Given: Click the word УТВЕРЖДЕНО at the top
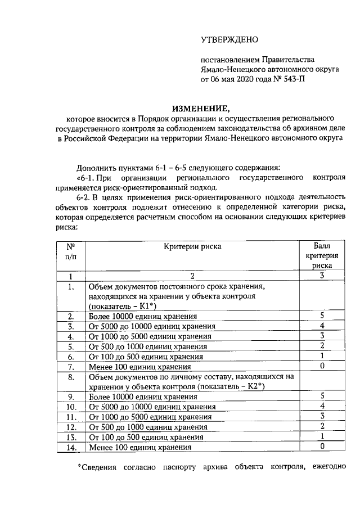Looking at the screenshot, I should tap(229, 40).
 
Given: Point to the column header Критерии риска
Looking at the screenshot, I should tap(192, 246).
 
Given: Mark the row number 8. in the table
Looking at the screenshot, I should tap(71, 377).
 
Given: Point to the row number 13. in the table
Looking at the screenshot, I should tap(71, 437).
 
